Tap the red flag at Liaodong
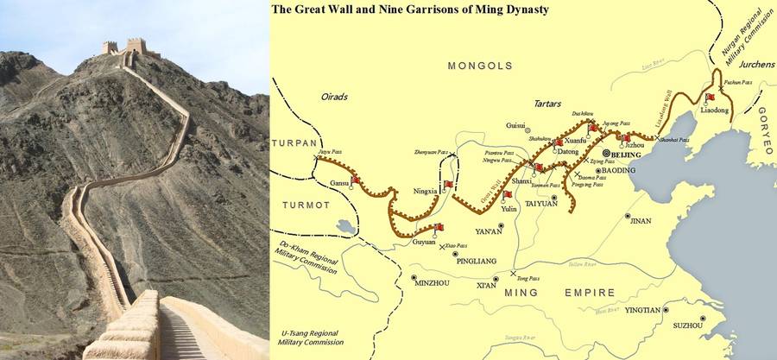pyautogui.click(x=710, y=98)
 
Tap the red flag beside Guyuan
pyautogui.click(x=439, y=227)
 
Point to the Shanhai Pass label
pyautogui.click(x=676, y=140)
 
